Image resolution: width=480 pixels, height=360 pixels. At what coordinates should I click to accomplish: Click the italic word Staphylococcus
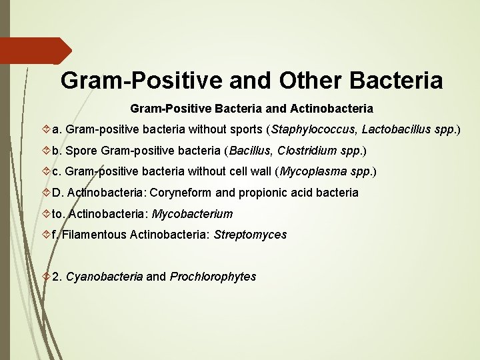click(312, 129)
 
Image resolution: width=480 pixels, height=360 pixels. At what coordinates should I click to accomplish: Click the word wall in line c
click(257, 171)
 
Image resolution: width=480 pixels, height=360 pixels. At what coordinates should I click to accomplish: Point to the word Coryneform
click(182, 193)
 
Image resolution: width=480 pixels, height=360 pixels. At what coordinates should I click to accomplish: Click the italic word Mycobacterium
click(193, 214)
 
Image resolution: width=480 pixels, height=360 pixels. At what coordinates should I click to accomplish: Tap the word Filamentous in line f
click(95, 235)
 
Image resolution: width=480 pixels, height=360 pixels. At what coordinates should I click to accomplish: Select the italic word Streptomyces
click(250, 235)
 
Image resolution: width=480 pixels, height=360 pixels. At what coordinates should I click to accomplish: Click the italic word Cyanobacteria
click(104, 277)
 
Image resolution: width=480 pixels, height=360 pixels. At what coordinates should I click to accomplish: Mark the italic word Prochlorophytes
click(213, 277)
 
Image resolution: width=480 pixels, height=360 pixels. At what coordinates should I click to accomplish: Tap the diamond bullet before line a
click(45, 129)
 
